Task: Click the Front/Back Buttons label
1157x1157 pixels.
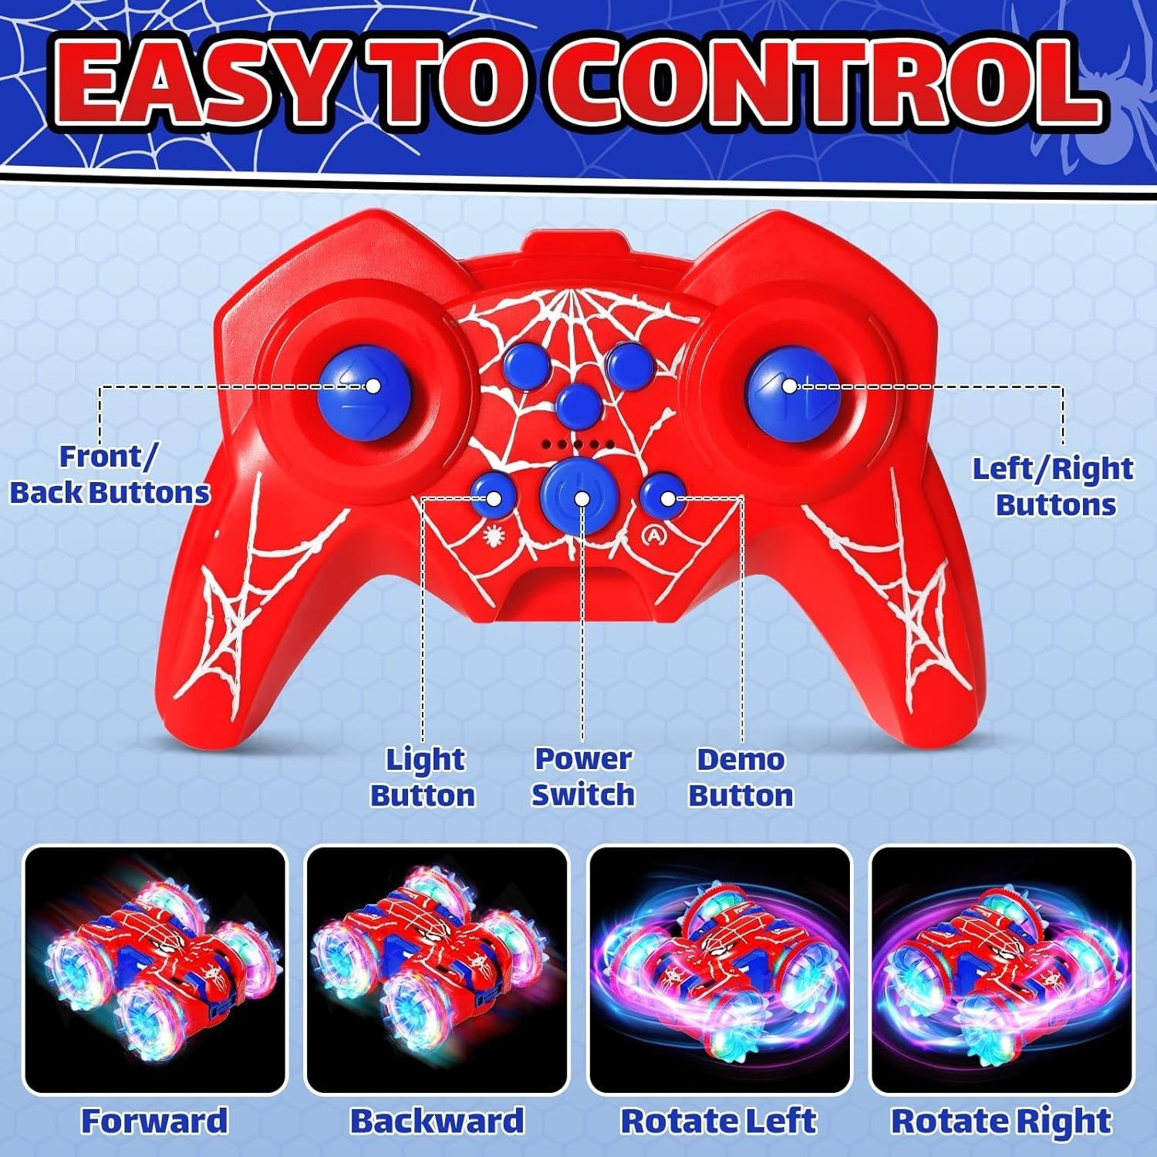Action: (110, 474)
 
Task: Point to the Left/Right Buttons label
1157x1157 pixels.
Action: (1053, 487)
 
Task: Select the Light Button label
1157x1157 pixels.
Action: (423, 778)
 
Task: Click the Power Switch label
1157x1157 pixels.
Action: (583, 777)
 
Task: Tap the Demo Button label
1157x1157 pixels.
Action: (740, 778)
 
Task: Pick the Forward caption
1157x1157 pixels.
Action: (155, 1121)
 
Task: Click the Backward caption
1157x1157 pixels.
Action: (437, 1121)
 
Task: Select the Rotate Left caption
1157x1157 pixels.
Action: (719, 1121)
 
